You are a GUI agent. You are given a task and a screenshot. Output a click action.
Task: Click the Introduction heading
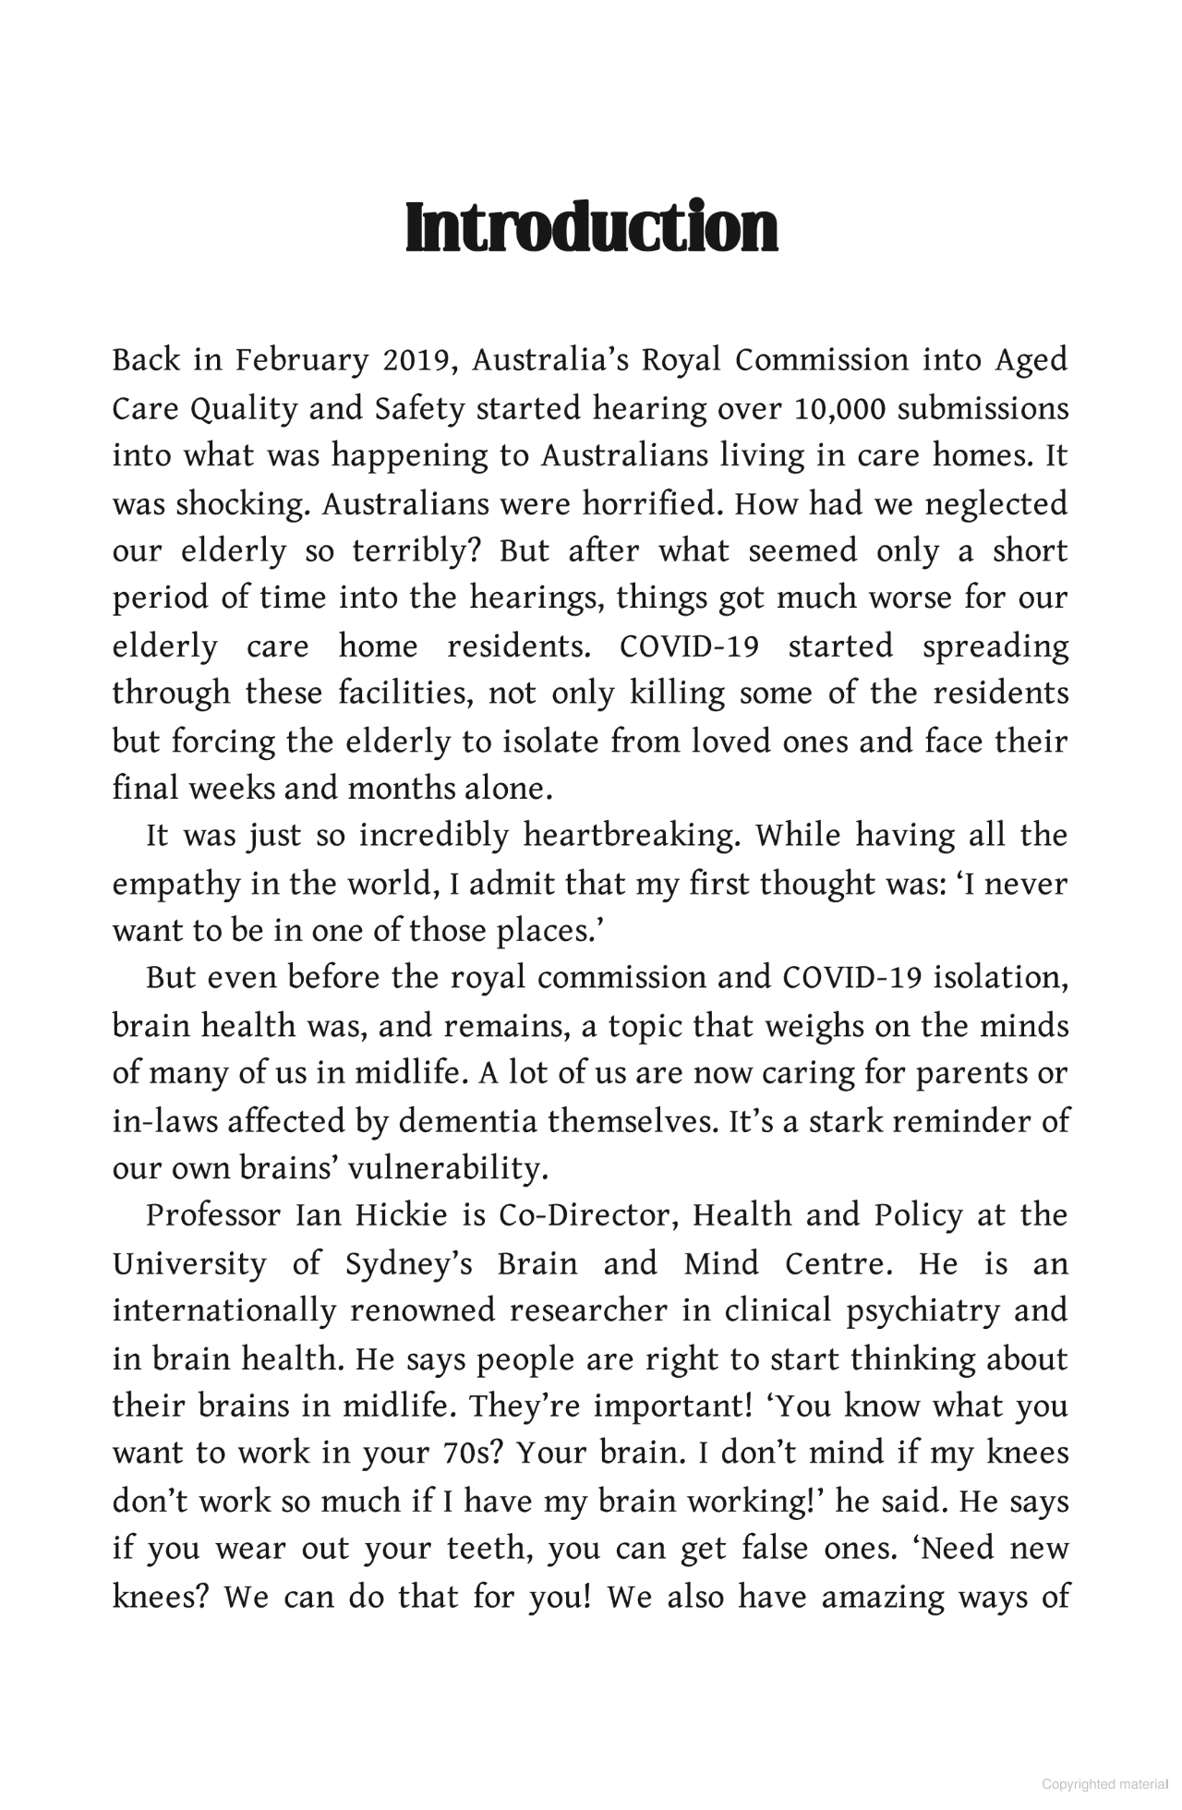[x=591, y=228]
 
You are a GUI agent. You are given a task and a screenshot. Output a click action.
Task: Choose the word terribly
[x=418, y=551]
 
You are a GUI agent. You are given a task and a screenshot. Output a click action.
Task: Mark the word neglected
[x=995, y=503]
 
